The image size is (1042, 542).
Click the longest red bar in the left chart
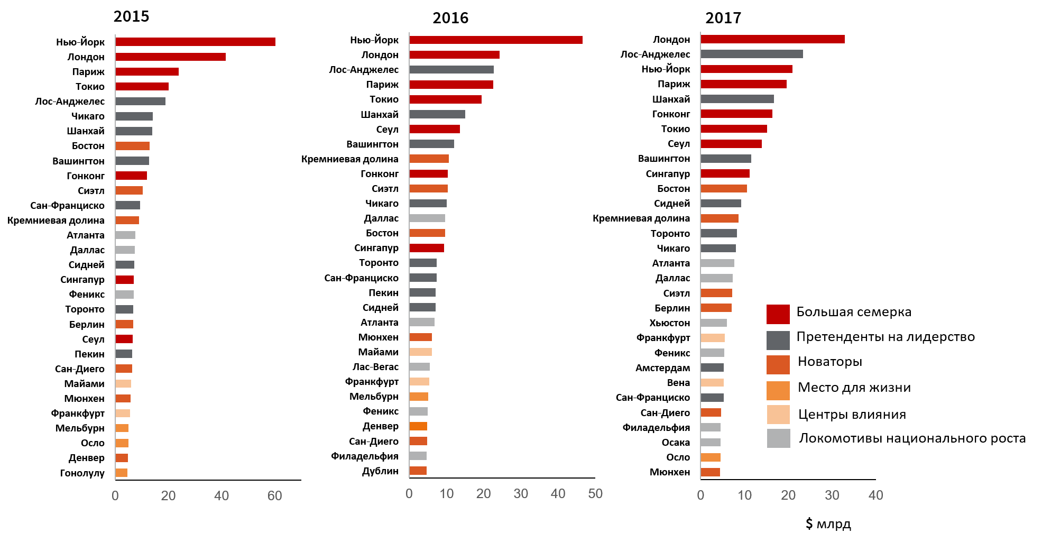pos(195,42)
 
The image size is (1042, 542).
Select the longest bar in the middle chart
pos(495,40)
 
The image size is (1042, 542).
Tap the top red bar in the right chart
pos(772,39)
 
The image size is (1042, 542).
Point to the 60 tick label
pos(274,496)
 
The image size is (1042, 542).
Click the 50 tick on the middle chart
pos(595,494)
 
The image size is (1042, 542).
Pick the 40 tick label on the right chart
pos(875,495)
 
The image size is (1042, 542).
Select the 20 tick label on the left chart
pos(168,496)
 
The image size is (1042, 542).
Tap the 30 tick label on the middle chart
pos(521,494)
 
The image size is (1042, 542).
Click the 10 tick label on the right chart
pos(744,495)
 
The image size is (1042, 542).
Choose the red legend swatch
pos(778,314)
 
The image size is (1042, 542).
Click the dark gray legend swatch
pos(778,341)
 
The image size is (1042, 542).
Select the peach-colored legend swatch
pos(778,415)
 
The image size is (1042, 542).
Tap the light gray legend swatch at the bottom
pos(778,438)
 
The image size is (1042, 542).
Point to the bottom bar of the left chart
pos(122,473)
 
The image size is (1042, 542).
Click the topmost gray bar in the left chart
pos(140,102)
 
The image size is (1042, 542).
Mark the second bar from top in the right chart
pos(751,54)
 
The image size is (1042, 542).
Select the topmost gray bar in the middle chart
pos(451,70)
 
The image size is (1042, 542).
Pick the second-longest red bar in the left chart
pos(170,57)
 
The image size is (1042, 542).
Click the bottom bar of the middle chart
pos(418,471)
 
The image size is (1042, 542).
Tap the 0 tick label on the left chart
pos(115,496)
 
